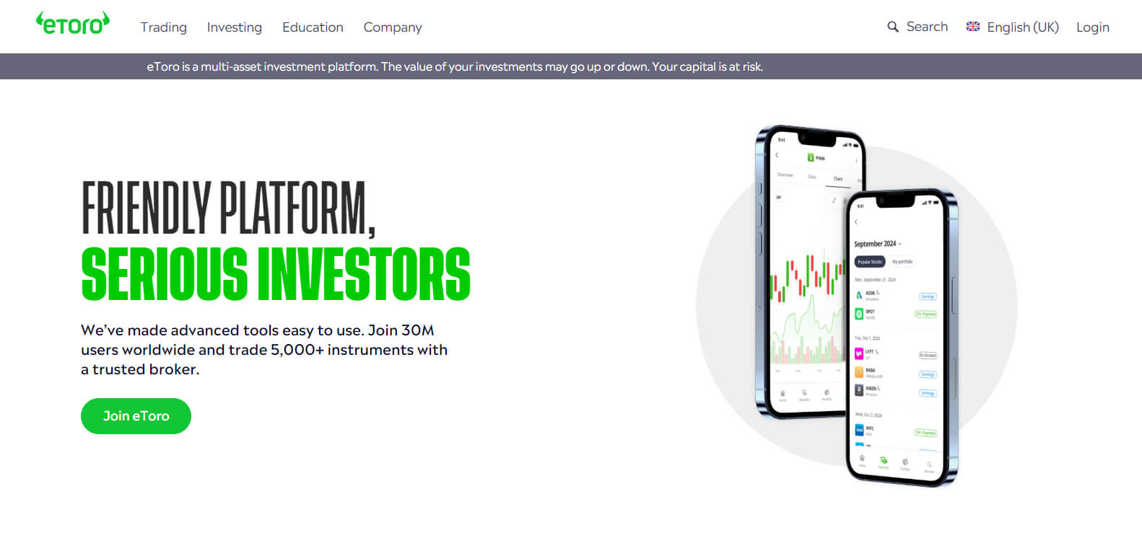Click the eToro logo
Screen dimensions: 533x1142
tap(73, 24)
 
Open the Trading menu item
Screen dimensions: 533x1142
tap(163, 27)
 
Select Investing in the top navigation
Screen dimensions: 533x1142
tap(234, 27)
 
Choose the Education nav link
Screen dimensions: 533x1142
tap(313, 27)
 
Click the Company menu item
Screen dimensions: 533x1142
tap(392, 27)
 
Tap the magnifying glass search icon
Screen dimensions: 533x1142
tap(893, 27)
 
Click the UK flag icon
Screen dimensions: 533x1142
tap(973, 27)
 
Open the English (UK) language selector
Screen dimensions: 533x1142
tap(1022, 27)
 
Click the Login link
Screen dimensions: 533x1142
tap(1092, 27)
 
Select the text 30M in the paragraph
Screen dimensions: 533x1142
tap(417, 330)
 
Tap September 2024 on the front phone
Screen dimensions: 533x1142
tap(875, 244)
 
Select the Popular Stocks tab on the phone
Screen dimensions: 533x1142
tap(869, 262)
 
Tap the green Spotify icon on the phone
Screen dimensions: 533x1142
tap(859, 314)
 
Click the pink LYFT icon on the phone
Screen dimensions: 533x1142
tap(859, 353)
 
